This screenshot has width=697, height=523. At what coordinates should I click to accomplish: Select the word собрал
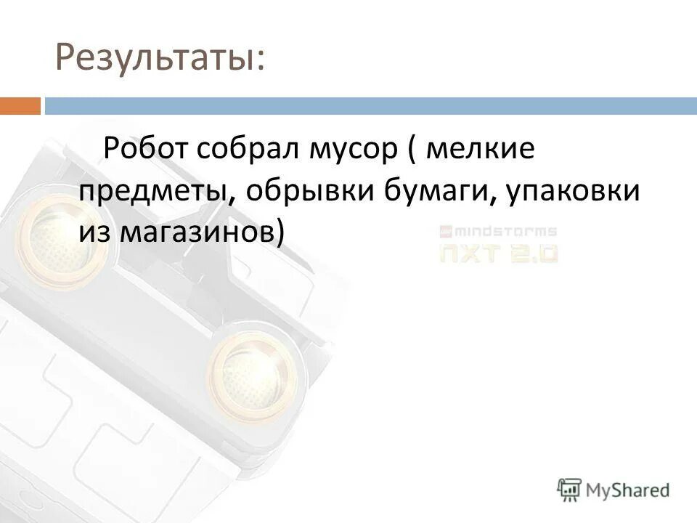[x=248, y=150]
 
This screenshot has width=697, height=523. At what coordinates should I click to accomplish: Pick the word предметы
[x=155, y=191]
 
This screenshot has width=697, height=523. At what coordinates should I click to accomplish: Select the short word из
[x=94, y=232]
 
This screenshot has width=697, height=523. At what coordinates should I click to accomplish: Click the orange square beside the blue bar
[x=20, y=106]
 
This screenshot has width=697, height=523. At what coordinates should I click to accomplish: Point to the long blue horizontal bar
[x=370, y=106]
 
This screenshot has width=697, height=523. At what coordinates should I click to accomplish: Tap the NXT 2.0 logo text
[x=498, y=253]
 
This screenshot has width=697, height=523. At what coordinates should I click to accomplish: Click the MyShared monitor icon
[x=569, y=489]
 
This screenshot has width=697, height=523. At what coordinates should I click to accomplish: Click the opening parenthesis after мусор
[x=410, y=150]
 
